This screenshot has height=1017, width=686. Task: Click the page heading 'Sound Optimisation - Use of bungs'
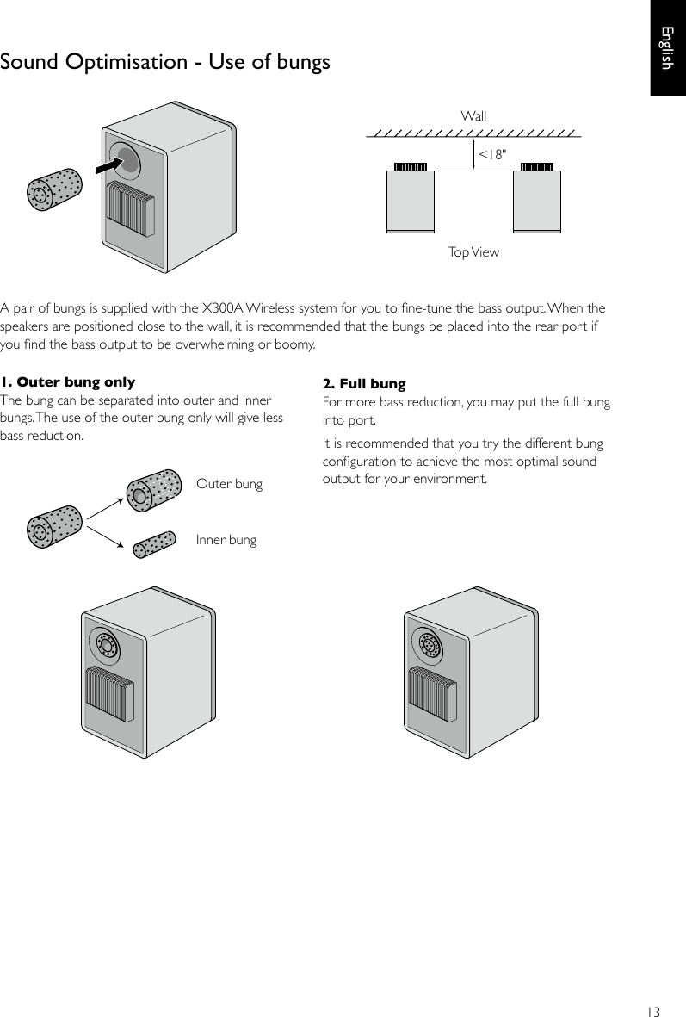165,63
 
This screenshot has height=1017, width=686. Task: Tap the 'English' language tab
667,48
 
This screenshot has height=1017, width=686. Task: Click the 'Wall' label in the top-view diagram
473,115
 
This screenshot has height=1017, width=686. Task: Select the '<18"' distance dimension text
492,154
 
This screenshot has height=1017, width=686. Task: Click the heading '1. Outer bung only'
67,382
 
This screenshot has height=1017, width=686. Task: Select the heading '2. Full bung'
363,383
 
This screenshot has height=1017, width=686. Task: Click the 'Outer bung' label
229,484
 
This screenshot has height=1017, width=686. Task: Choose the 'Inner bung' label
226,540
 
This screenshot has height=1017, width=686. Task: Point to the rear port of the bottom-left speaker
108,645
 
